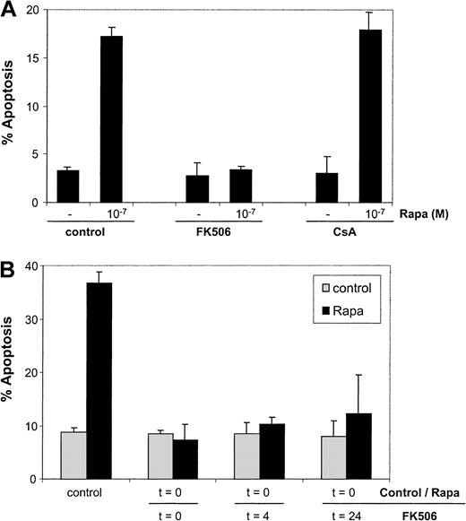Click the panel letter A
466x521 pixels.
click(x=10, y=9)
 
